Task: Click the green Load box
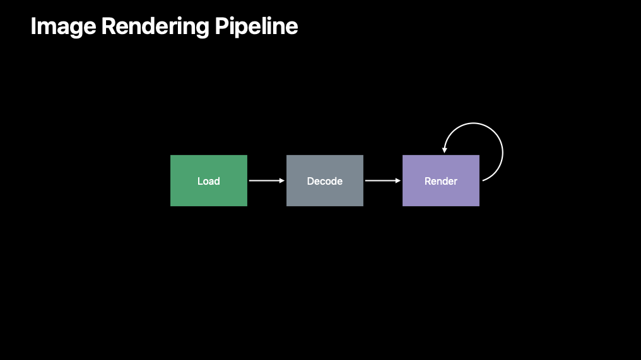click(x=209, y=180)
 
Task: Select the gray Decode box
click(x=325, y=180)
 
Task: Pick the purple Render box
click(x=441, y=180)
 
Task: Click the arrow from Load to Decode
click(x=267, y=180)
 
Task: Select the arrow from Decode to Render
click(x=383, y=180)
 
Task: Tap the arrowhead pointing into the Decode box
click(x=282, y=180)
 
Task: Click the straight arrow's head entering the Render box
click(x=398, y=180)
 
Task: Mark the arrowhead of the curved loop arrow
click(x=444, y=151)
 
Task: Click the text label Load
click(x=209, y=181)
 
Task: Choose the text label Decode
click(x=325, y=181)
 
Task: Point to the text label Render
click(x=441, y=181)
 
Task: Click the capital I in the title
click(x=33, y=26)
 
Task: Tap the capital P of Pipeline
click(x=221, y=26)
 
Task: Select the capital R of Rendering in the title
click(x=109, y=26)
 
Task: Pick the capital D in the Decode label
click(x=310, y=181)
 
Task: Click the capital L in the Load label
click(x=201, y=181)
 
